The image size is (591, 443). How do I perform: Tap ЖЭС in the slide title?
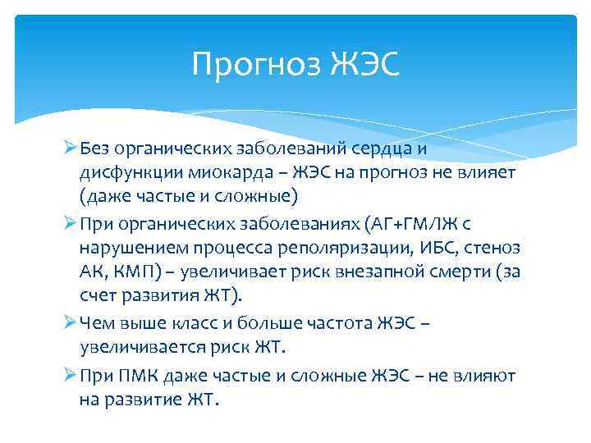tap(366, 64)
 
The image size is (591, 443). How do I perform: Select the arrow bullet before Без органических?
tap(69, 149)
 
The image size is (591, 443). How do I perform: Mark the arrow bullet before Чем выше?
tap(69, 322)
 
